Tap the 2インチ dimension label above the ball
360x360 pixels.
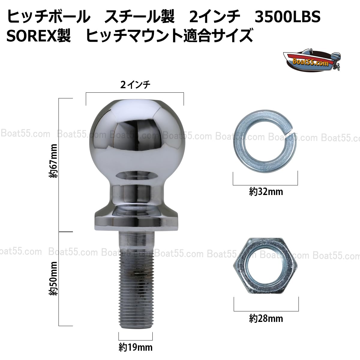pos(135,85)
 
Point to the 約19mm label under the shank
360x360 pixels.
pos(135,348)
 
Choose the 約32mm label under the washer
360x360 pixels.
pos(266,191)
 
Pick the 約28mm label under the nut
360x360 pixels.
pos(266,318)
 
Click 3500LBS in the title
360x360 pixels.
pos(287,17)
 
